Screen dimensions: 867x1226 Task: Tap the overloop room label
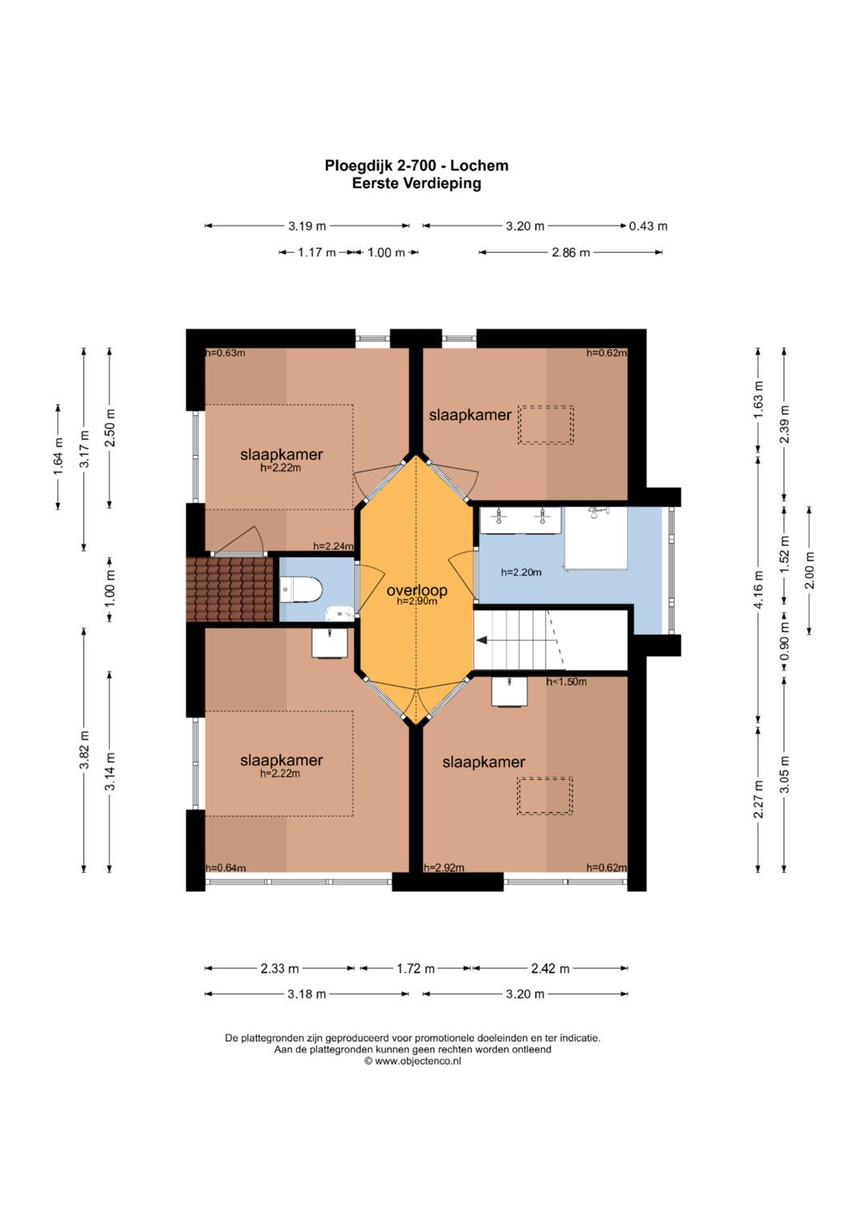tap(417, 590)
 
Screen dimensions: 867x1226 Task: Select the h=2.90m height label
tap(417, 601)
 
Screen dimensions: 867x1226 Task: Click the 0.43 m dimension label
tap(648, 226)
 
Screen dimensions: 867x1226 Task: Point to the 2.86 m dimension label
tap(570, 252)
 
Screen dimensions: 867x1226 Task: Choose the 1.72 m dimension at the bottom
tap(416, 969)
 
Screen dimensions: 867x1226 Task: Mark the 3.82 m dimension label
tap(84, 749)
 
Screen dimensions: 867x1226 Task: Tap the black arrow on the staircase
tap(482, 640)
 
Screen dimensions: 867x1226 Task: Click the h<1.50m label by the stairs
tap(567, 682)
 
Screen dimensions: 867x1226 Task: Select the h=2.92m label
tap(444, 867)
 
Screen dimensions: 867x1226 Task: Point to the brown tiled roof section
tap(230, 589)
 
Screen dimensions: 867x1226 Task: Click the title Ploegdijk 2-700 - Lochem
tap(417, 165)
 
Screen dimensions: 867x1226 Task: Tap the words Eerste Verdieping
tap(417, 183)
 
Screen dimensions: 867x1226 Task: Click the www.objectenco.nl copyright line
tap(413, 1061)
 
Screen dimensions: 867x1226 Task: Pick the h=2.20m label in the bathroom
tap(521, 572)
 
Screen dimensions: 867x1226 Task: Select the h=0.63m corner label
tap(225, 353)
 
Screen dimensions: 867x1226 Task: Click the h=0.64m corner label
tap(226, 867)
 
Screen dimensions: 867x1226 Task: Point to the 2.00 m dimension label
tap(810, 570)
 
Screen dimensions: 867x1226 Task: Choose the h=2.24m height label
tap(333, 546)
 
